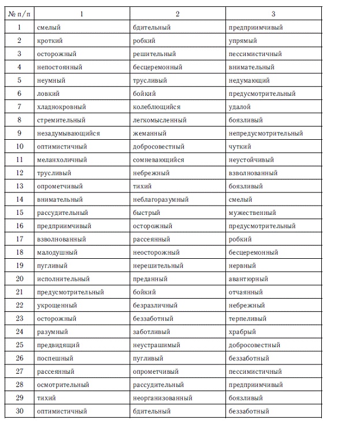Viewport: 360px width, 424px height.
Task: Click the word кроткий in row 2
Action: click(x=50, y=40)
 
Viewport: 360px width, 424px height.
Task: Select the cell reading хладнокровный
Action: click(x=61, y=107)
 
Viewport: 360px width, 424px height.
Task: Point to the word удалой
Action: click(x=240, y=107)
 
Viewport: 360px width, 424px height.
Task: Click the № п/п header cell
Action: click(x=19, y=14)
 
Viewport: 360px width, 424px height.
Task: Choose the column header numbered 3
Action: click(x=273, y=14)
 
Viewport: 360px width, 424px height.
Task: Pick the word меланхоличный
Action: click(x=62, y=160)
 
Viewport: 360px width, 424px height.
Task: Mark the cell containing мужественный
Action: click(x=253, y=213)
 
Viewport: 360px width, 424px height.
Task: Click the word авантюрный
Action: click(x=248, y=279)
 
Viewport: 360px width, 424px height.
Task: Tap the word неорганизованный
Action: click(x=162, y=398)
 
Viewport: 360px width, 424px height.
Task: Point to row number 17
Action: click(x=20, y=239)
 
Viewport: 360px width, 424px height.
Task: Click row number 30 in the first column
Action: click(x=20, y=411)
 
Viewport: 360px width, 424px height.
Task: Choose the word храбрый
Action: click(x=242, y=332)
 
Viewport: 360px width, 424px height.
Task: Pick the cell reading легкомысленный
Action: click(x=159, y=120)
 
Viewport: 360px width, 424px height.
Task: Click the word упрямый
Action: click(x=243, y=40)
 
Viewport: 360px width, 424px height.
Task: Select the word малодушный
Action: click(x=57, y=252)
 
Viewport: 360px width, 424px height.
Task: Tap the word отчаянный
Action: click(x=246, y=292)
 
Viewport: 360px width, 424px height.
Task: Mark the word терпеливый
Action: click(x=248, y=318)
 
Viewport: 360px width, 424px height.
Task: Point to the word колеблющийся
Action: click(x=157, y=107)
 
